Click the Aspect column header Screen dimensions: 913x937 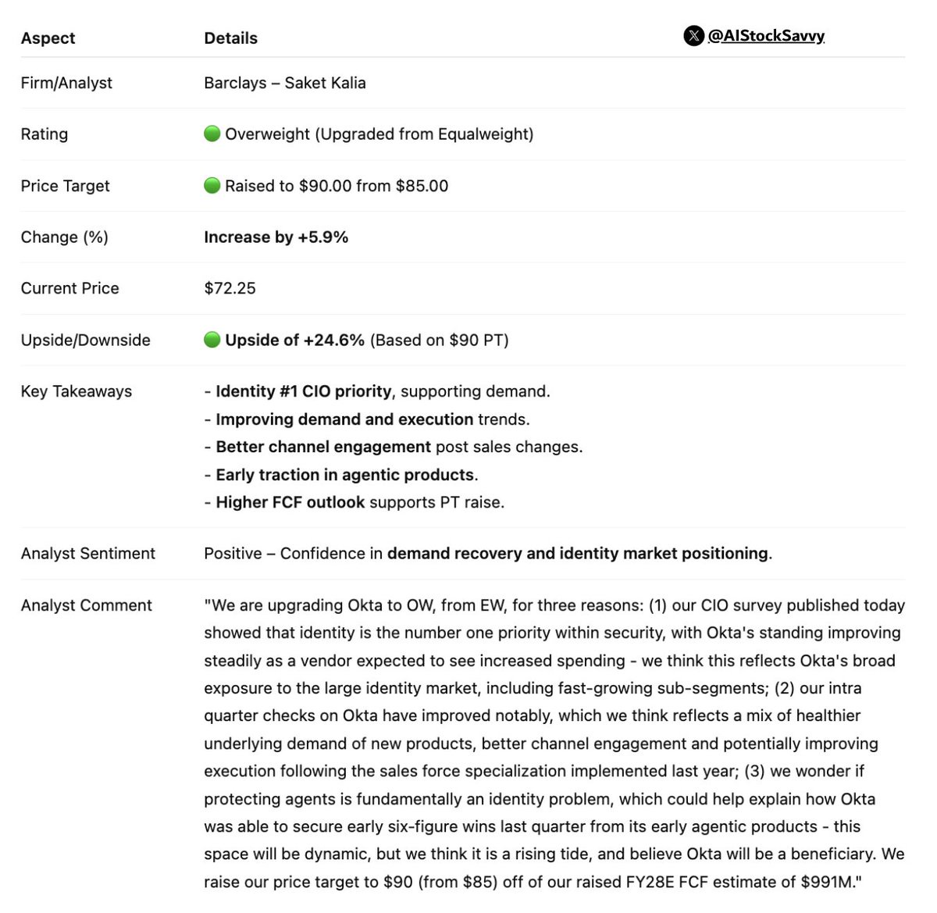tap(48, 38)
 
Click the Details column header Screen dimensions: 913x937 tap(230, 38)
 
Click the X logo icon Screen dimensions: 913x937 tap(693, 36)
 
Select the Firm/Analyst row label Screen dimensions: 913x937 tap(66, 83)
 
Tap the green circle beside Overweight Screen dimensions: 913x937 tap(212, 134)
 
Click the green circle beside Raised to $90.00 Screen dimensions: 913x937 tap(212, 185)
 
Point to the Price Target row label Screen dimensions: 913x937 tap(65, 186)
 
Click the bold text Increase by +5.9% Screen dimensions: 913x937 tap(276, 237)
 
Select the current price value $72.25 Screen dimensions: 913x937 tap(230, 288)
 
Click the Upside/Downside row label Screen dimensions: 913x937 tap(85, 340)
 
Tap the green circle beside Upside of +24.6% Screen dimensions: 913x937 tap(212, 340)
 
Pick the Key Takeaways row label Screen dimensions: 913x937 tap(76, 391)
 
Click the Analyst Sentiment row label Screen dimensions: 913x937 tap(87, 554)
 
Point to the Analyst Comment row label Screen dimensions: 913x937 tap(86, 605)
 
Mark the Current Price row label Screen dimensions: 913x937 tap(69, 288)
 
